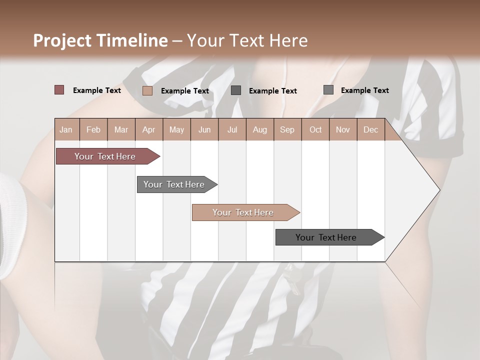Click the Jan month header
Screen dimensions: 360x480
[66, 129]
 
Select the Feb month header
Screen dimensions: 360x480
[93, 129]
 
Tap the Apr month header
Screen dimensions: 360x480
[148, 129]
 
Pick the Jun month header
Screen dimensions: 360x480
[204, 129]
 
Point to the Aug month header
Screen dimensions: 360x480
[259, 129]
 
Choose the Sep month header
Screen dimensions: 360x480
[287, 129]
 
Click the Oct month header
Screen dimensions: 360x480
[315, 129]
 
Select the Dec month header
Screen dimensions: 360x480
[370, 129]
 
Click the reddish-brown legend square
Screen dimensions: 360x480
[59, 90]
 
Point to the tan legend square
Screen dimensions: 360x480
[147, 90]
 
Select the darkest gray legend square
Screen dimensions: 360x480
[236, 90]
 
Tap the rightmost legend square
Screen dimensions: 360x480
[328, 90]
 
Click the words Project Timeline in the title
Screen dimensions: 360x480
[100, 40]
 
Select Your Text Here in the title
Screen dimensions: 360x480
[247, 40]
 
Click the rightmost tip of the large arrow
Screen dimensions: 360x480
[439, 189]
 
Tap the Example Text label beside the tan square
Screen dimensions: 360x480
[184, 91]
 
